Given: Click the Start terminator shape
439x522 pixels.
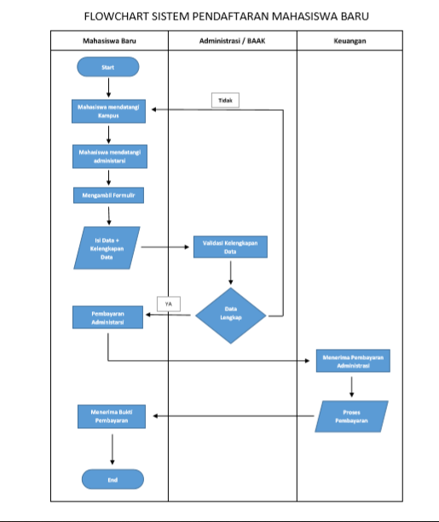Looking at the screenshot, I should [x=107, y=67].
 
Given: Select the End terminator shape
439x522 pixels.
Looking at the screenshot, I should [x=113, y=479].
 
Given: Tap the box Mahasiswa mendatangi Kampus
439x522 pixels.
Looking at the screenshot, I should [x=108, y=112].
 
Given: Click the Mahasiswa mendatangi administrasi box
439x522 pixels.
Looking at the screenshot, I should [x=108, y=155].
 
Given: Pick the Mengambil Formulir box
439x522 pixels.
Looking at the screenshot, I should [x=108, y=195].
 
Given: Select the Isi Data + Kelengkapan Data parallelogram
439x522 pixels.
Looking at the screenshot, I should [x=107, y=247].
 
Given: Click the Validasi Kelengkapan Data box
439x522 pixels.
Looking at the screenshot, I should [x=230, y=247].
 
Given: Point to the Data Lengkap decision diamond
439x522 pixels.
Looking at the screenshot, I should [x=230, y=315].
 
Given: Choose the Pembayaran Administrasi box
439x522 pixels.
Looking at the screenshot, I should [x=108, y=318].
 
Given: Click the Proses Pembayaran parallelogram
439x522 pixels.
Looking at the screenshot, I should [x=352, y=416].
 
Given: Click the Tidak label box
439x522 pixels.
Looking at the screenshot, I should [x=225, y=101].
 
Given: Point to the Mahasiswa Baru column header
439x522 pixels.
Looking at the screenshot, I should [x=108, y=41].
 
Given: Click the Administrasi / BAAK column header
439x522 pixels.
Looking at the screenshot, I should [x=231, y=41].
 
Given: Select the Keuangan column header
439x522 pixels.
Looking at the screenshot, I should [x=350, y=41].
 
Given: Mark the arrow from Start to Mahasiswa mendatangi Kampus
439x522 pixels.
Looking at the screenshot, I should [x=108, y=88].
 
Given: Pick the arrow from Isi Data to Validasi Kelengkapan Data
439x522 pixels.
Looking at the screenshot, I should [x=165, y=247].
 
